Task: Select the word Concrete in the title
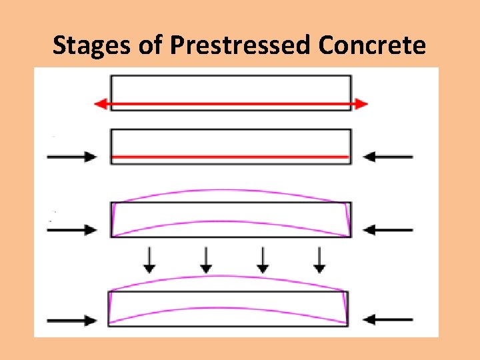tap(372, 45)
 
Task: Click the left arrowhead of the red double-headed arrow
tap(100, 104)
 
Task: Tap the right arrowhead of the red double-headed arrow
tap(362, 104)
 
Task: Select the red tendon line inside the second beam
tap(230, 157)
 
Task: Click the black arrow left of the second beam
tap(71, 157)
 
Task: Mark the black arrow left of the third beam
tap(71, 230)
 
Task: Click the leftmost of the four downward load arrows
tap(149, 259)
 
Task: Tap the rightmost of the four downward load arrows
tap(320, 259)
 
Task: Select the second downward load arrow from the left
tap(206, 259)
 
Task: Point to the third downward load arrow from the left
tap(263, 259)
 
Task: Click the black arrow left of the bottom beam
tap(71, 320)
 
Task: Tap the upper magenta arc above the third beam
tap(230, 191)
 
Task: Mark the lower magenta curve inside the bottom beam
tap(230, 309)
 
